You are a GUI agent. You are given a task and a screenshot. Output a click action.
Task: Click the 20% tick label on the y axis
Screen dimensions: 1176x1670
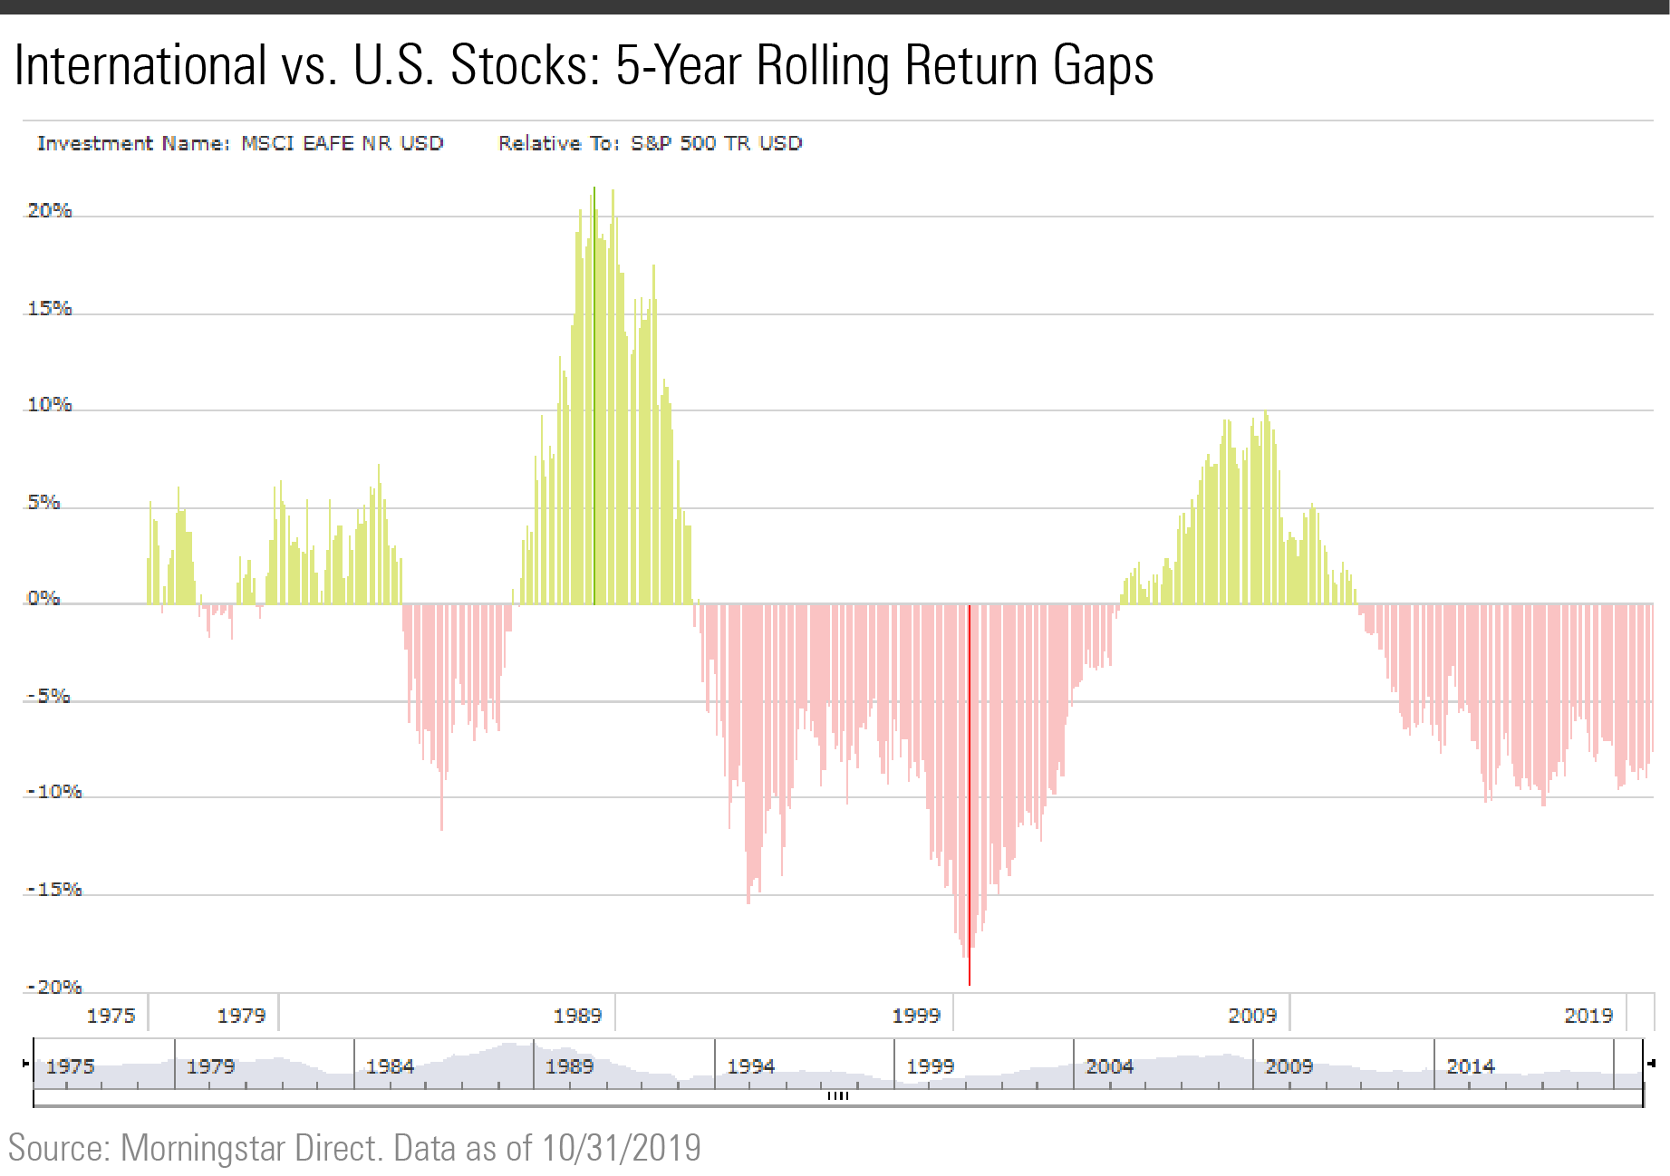point(49,211)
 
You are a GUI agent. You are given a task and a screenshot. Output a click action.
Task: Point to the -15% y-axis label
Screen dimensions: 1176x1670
point(54,890)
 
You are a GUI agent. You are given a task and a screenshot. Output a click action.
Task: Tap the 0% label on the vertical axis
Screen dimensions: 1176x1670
point(43,599)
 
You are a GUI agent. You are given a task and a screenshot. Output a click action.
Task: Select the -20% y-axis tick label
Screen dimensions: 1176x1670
point(54,988)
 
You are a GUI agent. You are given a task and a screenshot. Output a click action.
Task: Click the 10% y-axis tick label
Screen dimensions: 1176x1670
point(49,405)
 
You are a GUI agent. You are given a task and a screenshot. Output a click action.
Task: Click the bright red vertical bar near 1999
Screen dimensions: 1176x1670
point(970,797)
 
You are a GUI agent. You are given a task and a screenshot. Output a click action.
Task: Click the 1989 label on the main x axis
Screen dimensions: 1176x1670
point(577,1016)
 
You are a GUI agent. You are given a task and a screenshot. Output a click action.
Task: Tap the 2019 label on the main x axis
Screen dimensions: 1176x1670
point(1588,1016)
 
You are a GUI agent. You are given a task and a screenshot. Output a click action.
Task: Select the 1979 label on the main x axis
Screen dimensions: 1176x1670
point(241,1016)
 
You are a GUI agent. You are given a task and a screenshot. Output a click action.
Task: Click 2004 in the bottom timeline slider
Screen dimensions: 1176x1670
point(1109,1066)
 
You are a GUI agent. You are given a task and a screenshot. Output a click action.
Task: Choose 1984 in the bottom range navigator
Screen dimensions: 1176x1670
point(390,1066)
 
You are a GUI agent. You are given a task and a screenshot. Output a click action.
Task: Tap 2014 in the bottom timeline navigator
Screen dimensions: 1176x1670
point(1470,1066)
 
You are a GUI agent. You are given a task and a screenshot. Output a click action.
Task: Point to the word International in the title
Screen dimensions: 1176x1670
point(140,66)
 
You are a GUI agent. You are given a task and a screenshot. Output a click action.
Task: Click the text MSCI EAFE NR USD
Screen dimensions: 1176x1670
point(342,143)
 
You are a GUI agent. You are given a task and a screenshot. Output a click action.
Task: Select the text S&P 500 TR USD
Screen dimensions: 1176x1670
point(716,143)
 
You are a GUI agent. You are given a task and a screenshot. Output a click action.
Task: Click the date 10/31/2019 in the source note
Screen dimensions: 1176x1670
point(622,1148)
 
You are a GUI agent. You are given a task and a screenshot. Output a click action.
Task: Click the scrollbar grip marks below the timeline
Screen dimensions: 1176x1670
point(838,1096)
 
